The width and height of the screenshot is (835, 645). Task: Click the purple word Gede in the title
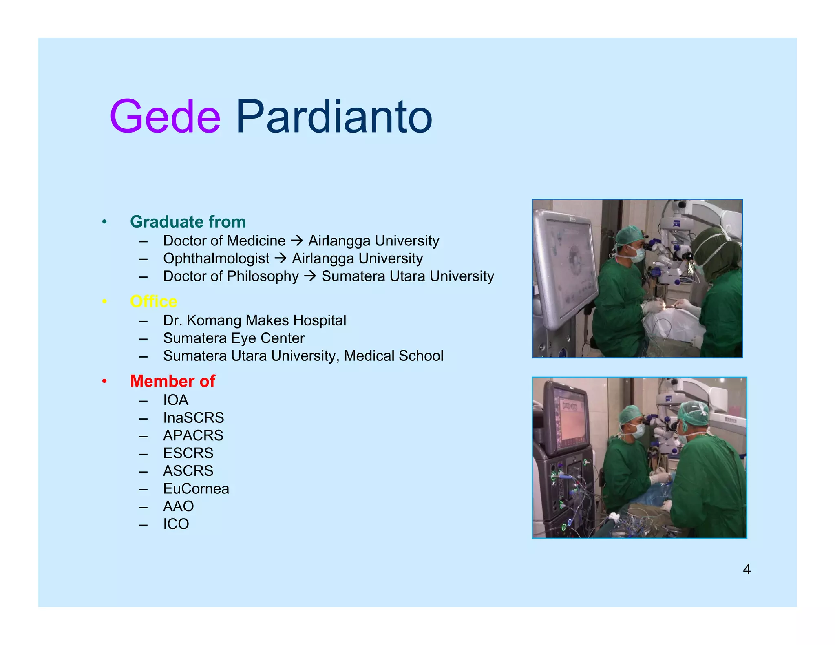pyautogui.click(x=165, y=117)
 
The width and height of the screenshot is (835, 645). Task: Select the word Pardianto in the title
pyautogui.click(x=334, y=117)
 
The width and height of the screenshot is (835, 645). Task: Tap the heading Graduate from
pyautogui.click(x=188, y=222)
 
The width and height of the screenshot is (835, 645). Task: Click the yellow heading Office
pyautogui.click(x=153, y=301)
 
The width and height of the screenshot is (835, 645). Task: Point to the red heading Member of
pyautogui.click(x=172, y=381)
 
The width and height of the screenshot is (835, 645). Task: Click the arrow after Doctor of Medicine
pyautogui.click(x=297, y=241)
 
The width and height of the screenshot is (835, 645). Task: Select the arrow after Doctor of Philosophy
pyautogui.click(x=310, y=276)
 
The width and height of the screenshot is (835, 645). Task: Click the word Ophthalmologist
pyautogui.click(x=216, y=258)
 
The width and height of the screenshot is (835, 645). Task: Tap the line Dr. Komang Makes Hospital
pyautogui.click(x=254, y=320)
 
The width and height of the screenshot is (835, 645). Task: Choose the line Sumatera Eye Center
pyautogui.click(x=234, y=338)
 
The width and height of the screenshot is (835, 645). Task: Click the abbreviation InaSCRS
pyautogui.click(x=193, y=417)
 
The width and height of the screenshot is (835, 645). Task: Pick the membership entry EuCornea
pyautogui.click(x=196, y=488)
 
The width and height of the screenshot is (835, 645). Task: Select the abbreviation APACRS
pyautogui.click(x=193, y=435)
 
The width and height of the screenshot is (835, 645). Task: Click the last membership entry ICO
pyautogui.click(x=176, y=524)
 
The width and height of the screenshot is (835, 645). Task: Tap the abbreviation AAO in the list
pyautogui.click(x=178, y=506)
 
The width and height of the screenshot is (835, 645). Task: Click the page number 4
pyautogui.click(x=747, y=569)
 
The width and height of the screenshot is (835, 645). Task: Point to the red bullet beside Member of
pyautogui.click(x=104, y=381)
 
